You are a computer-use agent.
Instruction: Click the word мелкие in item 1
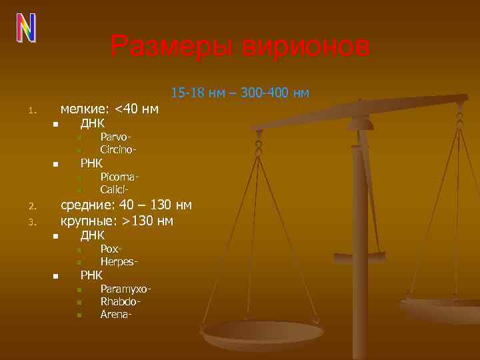click(x=85, y=109)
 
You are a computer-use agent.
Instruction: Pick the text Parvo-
click(x=115, y=138)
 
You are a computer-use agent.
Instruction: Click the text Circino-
click(x=119, y=149)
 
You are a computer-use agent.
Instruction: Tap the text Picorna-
click(x=119, y=177)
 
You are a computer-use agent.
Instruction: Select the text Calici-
click(x=115, y=189)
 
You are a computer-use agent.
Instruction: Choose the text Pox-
click(x=110, y=249)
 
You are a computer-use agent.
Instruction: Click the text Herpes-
click(x=119, y=261)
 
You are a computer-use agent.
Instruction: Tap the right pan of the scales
click(x=441, y=309)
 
